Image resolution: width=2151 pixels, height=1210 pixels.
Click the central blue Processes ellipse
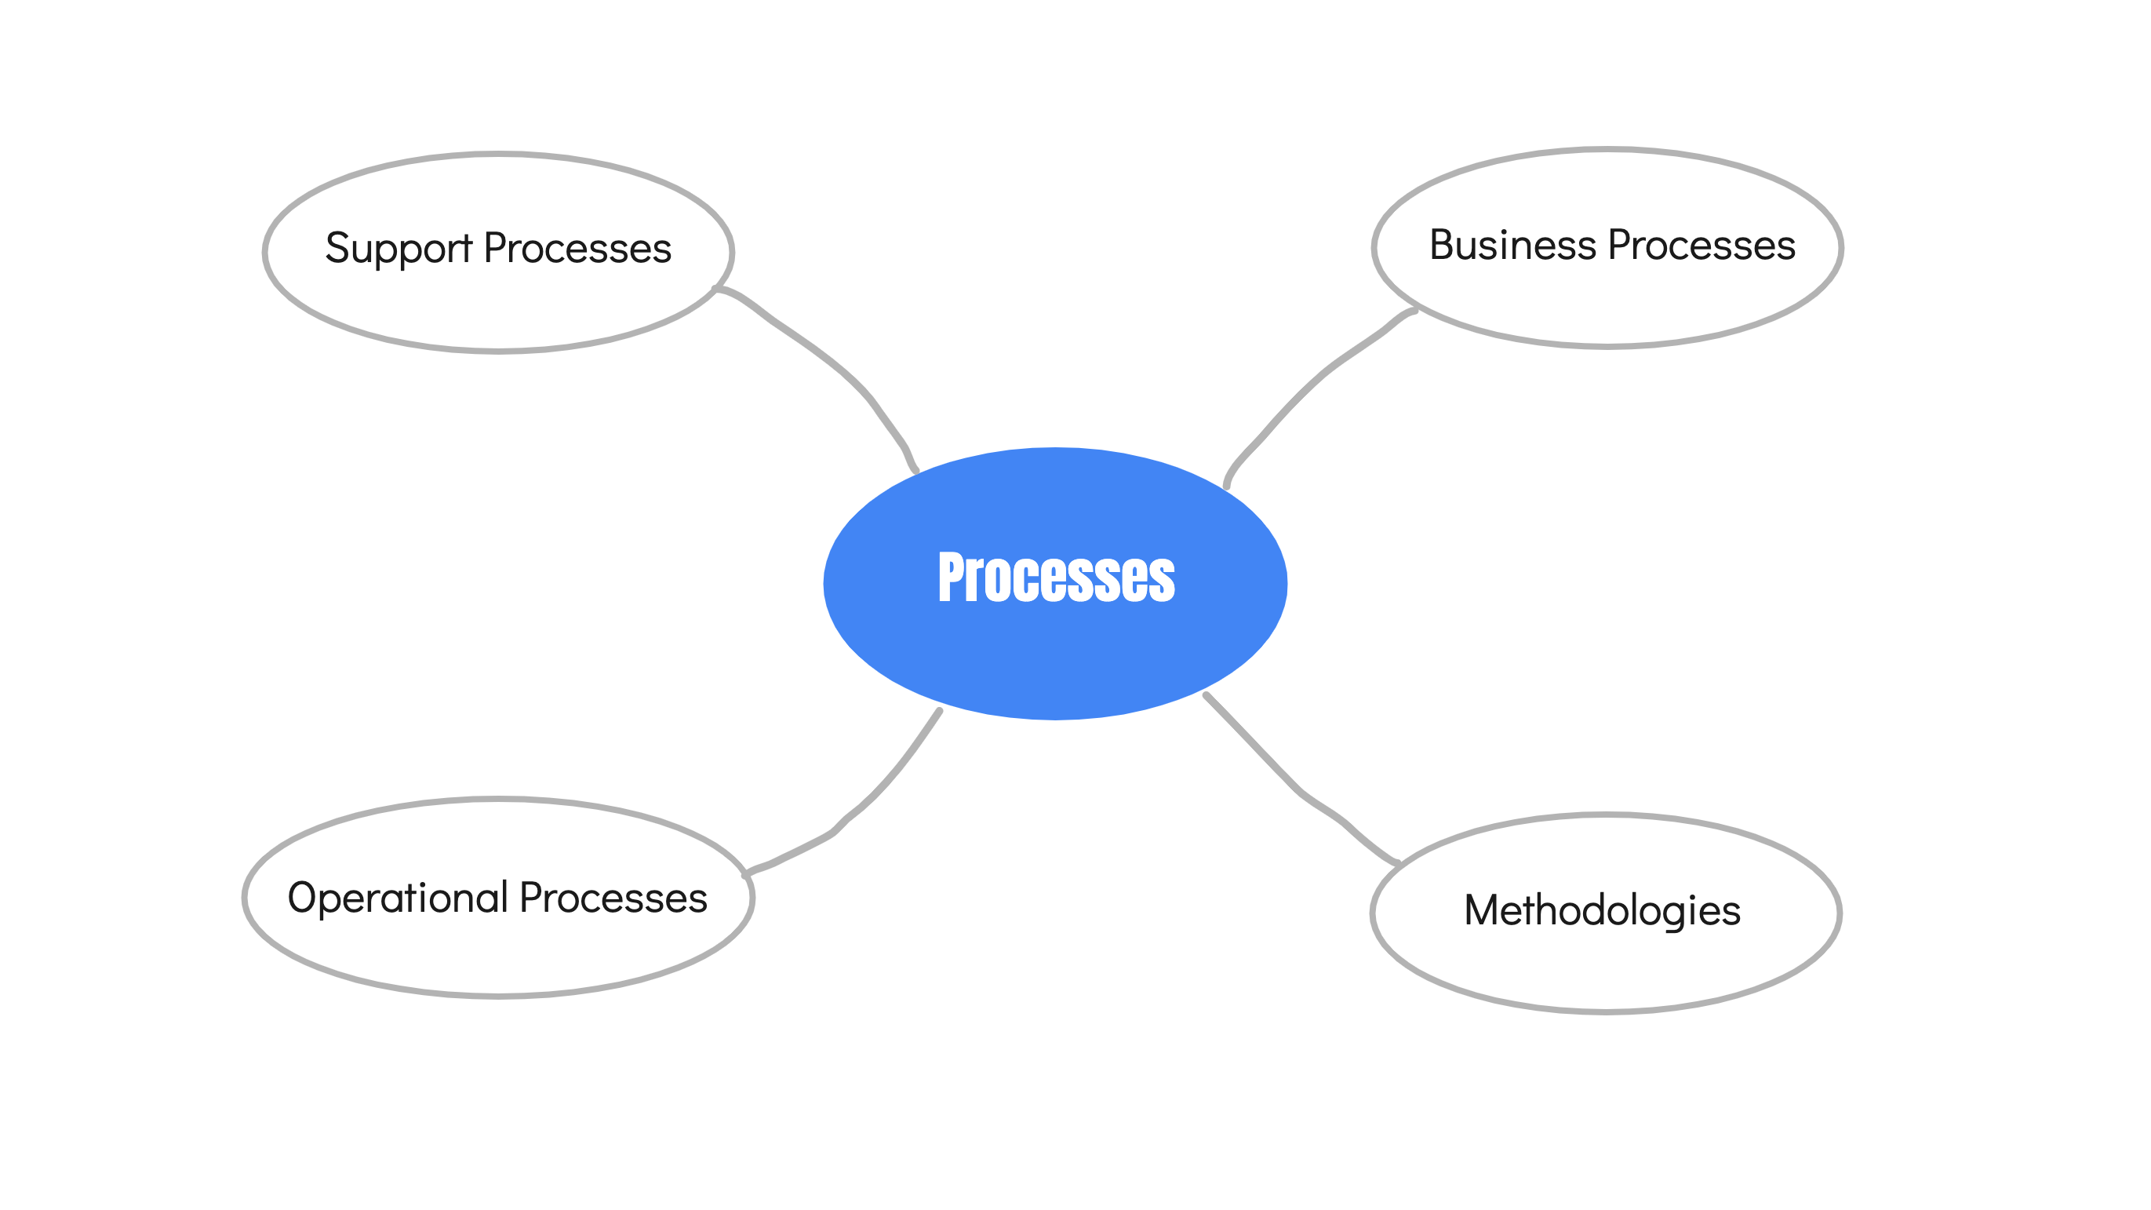[x=1054, y=583]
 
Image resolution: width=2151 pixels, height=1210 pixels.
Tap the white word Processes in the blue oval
[x=1057, y=577]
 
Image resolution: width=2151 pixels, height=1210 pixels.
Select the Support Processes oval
[x=498, y=252]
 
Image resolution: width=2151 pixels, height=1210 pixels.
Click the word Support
[x=399, y=249]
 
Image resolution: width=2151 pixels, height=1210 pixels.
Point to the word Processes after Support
[x=578, y=248]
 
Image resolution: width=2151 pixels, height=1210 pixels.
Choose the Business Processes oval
[x=1607, y=248]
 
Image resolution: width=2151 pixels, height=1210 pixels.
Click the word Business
[x=1513, y=245]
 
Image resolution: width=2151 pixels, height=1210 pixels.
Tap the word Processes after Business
[x=1702, y=245]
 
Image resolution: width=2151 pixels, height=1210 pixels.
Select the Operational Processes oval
[x=498, y=898]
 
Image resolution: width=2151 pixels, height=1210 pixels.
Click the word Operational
[x=398, y=898]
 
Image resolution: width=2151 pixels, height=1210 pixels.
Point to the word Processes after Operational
[x=613, y=898]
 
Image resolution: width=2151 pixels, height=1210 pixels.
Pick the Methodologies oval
[x=1606, y=913]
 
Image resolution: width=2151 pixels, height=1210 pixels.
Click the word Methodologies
[x=1603, y=911]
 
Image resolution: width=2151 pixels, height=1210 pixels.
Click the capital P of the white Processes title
[x=951, y=577]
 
